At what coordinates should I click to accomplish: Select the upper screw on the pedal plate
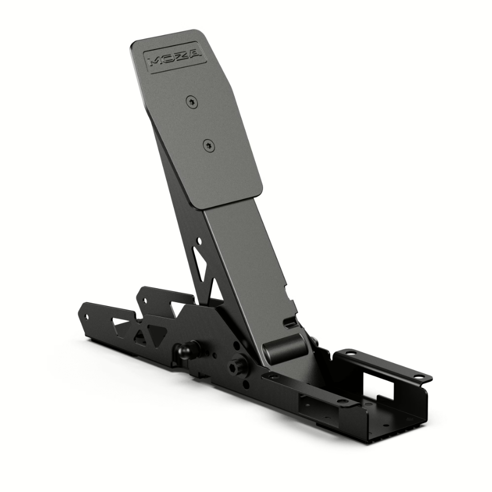(x=190, y=102)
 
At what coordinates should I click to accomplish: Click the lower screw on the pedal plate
(x=208, y=146)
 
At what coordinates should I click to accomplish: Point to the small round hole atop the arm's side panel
(x=199, y=242)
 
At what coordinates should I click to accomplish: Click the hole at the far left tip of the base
(x=87, y=316)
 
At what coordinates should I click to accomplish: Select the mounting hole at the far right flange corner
(x=419, y=377)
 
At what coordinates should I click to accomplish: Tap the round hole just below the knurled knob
(x=245, y=384)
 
